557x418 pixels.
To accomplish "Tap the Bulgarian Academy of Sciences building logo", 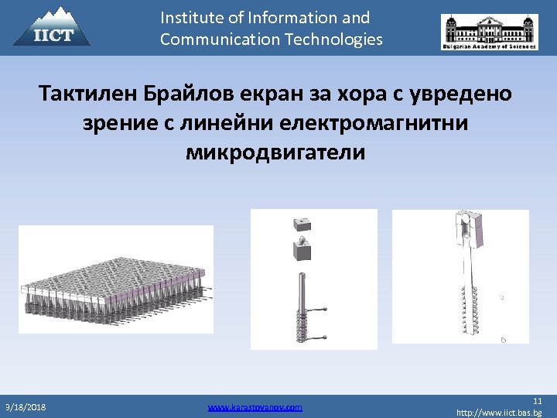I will [489, 32].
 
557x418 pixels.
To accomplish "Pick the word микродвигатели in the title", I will [275, 152].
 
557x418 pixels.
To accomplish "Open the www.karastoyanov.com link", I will [255, 406].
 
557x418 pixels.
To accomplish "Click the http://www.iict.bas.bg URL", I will [499, 413].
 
